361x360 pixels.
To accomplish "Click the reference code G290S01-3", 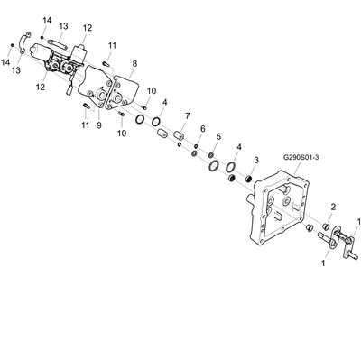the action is (301, 157).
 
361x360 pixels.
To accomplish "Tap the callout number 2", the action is (333, 207).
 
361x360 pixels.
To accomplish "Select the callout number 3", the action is (256, 160).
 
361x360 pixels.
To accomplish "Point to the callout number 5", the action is (218, 136).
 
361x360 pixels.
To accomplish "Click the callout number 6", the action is (203, 129).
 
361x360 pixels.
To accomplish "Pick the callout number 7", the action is (188, 115).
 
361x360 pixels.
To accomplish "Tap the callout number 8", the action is (134, 63).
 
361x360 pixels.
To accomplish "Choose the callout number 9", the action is (99, 125).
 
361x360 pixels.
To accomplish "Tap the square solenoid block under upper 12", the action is (80, 52).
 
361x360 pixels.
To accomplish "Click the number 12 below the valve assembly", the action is (41, 88).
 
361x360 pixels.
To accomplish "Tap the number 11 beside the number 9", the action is (86, 125).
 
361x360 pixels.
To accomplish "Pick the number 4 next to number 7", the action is (164, 102).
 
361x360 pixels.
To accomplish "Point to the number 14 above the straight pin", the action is (47, 21).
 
